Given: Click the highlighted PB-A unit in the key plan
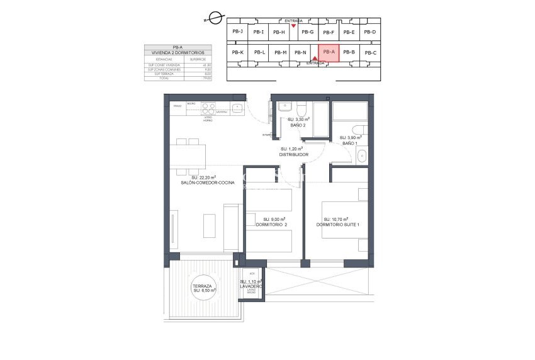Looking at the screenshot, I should pyautogui.click(x=328, y=52).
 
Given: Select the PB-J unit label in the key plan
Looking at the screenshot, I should pyautogui.click(x=237, y=31).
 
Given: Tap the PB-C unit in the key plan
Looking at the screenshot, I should pyautogui.click(x=370, y=53).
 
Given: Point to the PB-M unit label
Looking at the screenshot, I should pyautogui.click(x=281, y=52).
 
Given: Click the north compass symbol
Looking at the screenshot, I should pyautogui.click(x=215, y=18).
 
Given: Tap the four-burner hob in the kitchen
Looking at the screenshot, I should pyautogui.click(x=209, y=106).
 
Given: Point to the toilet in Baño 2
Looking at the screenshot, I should pyautogui.click(x=301, y=106).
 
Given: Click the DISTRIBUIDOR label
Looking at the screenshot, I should pyautogui.click(x=293, y=154).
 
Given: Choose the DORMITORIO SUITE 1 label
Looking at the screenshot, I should pyautogui.click(x=338, y=224).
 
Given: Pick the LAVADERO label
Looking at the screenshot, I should pyautogui.click(x=251, y=286).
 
